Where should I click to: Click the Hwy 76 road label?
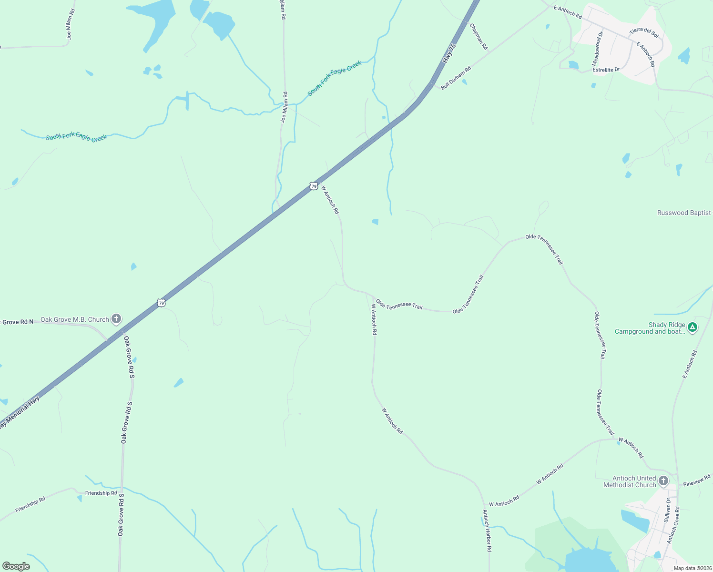click(449, 53)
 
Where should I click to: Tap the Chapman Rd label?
click(479, 37)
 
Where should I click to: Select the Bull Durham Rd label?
click(456, 78)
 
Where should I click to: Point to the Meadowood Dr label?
click(597, 49)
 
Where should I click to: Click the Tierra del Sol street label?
click(643, 32)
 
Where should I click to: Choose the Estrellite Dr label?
click(606, 70)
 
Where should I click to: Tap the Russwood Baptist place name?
click(683, 213)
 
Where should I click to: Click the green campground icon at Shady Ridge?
click(693, 327)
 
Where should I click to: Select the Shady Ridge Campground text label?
click(650, 328)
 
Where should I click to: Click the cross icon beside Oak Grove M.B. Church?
click(116, 319)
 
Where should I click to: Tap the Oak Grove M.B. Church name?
click(75, 319)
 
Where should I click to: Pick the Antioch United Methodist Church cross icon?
click(663, 481)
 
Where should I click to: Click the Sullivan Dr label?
click(668, 510)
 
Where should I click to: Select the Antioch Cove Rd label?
click(673, 525)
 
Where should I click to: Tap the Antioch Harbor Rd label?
click(487, 531)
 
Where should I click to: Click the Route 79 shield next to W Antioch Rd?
click(313, 186)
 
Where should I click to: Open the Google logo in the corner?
click(16, 566)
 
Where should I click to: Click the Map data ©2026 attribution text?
click(693, 568)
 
